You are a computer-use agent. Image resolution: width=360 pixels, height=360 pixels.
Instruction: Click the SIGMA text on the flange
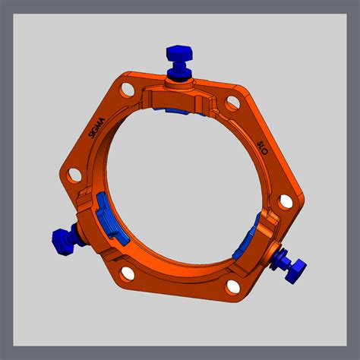(96, 128)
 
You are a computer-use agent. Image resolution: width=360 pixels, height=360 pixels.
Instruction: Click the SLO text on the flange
(262, 148)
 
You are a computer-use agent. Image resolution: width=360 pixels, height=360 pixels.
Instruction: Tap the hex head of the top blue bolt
(179, 53)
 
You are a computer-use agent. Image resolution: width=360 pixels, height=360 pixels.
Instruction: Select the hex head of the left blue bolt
(62, 242)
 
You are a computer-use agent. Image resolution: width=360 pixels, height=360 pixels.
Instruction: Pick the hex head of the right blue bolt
(295, 272)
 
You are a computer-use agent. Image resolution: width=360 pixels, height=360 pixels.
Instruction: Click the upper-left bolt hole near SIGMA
(128, 90)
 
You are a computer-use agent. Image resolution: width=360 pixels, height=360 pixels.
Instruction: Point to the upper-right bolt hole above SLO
(232, 103)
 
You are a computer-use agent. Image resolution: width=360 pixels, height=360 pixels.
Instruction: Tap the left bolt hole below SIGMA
(74, 175)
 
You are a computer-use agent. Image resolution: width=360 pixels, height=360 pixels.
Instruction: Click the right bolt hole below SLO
(286, 202)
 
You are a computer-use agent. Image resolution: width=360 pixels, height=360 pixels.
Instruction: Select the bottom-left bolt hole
(128, 273)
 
